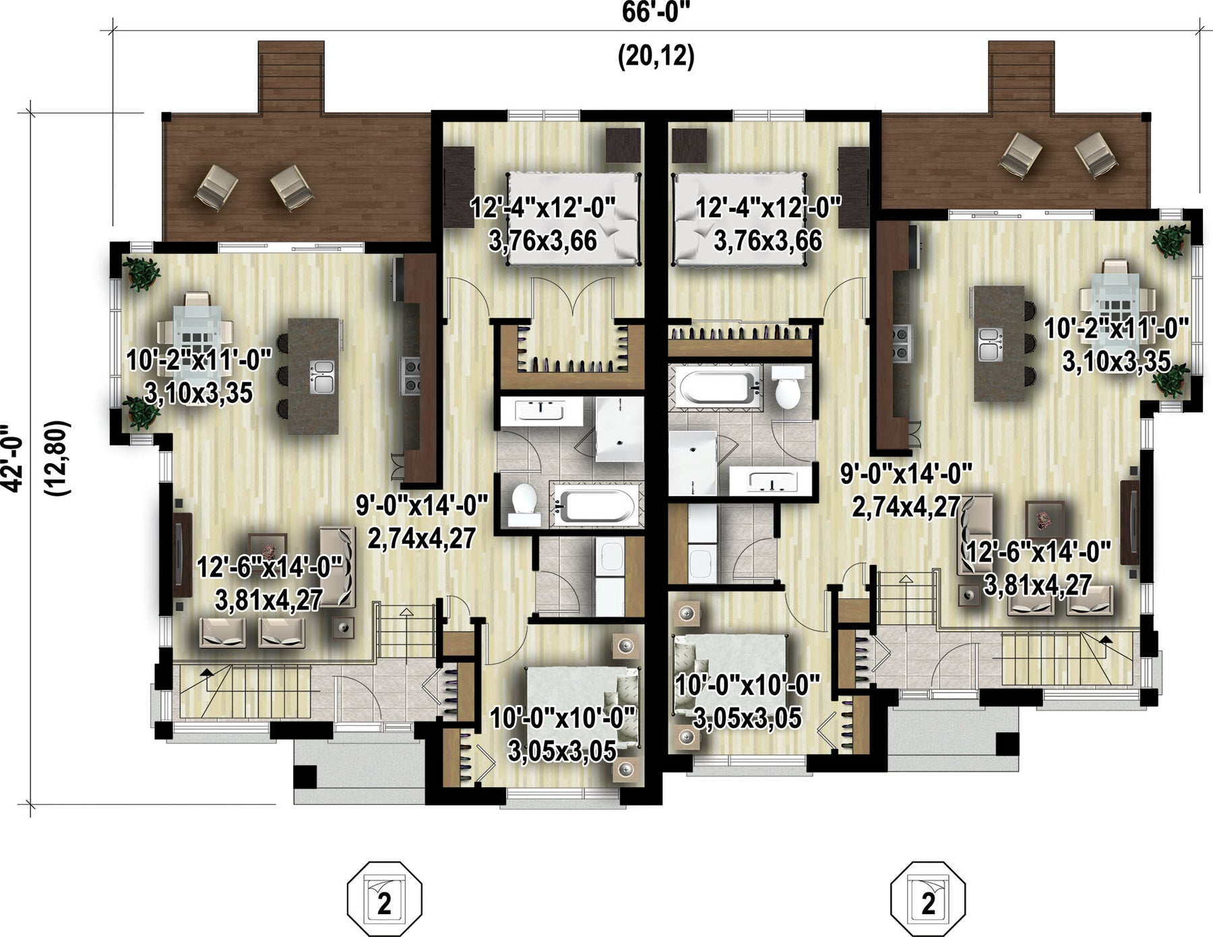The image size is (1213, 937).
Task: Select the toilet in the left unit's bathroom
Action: pyautogui.click(x=524, y=505)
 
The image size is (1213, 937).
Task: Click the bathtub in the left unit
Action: pyautogui.click(x=594, y=504)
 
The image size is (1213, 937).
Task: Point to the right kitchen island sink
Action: pyautogui.click(x=990, y=343)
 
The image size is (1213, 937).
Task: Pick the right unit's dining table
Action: pyautogui.click(x=1117, y=296)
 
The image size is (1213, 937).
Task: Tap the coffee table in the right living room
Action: pyautogui.click(x=1044, y=519)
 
